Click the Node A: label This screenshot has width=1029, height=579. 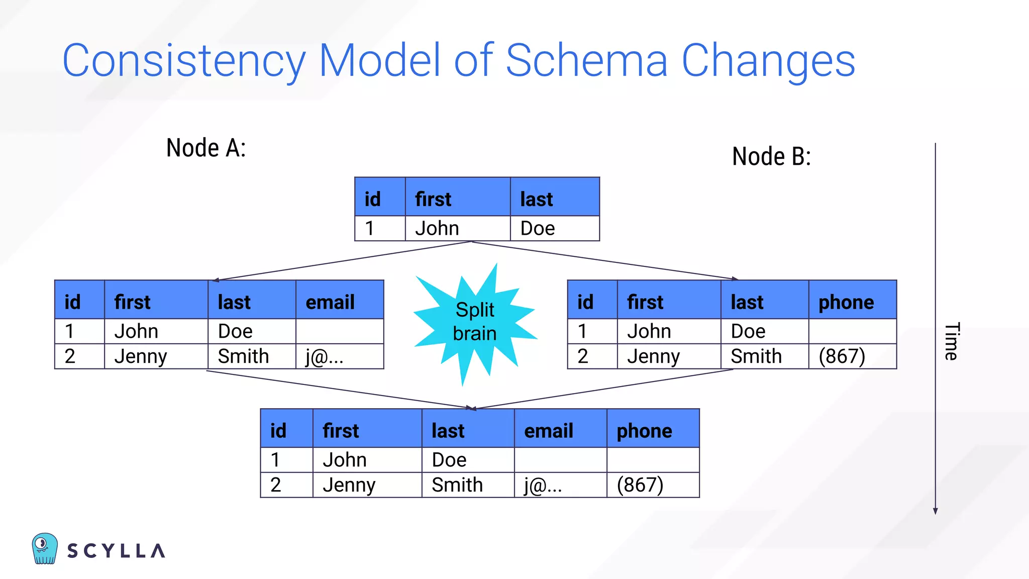tap(206, 148)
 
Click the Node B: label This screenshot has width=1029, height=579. tap(771, 156)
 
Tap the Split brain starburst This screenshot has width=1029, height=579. tap(475, 322)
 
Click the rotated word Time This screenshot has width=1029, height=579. tap(951, 341)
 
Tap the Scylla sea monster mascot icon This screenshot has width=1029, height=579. tap(45, 548)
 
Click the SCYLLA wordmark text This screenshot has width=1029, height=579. tap(116, 551)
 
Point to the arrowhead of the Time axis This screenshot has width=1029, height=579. tap(935, 511)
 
